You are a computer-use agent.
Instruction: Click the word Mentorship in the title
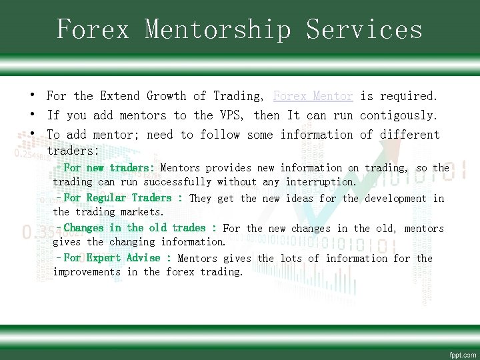pyautogui.click(x=219, y=30)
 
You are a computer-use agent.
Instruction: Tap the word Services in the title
pyautogui.click(x=365, y=30)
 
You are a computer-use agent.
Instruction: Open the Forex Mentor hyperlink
pyautogui.click(x=313, y=97)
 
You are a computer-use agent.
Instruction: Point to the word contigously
pyautogui.click(x=399, y=115)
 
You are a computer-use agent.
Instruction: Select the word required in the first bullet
pyautogui.click(x=409, y=97)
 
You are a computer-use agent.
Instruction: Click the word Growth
pyautogui.click(x=167, y=97)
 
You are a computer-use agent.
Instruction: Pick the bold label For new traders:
pyautogui.click(x=109, y=168)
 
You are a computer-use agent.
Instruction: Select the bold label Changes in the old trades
pyautogui.click(x=139, y=228)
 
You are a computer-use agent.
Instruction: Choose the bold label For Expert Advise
pyautogui.click(x=117, y=258)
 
